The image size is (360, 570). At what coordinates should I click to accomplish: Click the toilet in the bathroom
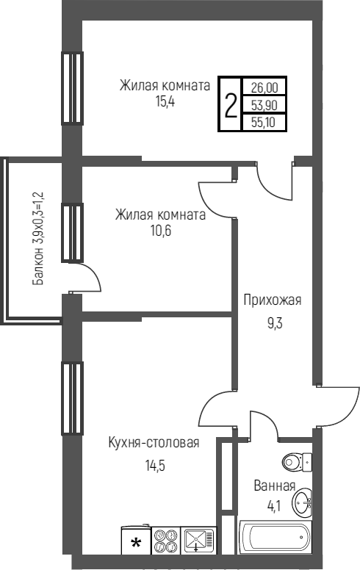297,462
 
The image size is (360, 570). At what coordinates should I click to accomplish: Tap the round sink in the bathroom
303,502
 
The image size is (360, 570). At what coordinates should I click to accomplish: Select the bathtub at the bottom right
275,538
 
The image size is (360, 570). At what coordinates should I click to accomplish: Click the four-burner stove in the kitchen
166,540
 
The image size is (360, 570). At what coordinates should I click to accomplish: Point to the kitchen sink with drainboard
198,540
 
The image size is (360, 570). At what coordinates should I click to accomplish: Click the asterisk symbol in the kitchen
136,544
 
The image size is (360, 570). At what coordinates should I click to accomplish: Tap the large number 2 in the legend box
231,105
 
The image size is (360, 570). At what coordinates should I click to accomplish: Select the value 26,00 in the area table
264,87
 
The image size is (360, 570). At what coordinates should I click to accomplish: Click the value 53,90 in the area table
264,105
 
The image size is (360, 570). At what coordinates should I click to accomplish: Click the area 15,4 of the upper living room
165,102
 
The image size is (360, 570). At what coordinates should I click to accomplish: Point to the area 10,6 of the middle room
161,231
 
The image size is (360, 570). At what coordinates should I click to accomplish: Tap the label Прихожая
273,300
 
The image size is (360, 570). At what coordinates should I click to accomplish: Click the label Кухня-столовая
154,442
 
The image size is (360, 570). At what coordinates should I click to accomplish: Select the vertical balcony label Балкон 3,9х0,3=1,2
37,239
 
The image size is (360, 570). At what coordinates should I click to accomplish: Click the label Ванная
275,486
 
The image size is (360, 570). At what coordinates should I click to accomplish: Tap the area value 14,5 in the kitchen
155,465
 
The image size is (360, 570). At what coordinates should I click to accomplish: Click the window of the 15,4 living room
72,88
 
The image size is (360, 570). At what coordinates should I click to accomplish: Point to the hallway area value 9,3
275,322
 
